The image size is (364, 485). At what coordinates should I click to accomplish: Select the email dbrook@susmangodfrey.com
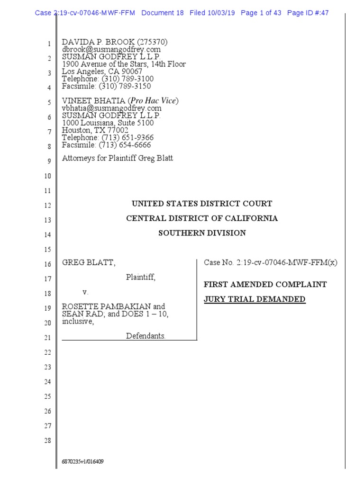[111, 49]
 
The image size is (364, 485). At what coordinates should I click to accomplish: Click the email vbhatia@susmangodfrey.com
[111, 108]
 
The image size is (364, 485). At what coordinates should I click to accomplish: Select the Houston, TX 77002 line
[95, 130]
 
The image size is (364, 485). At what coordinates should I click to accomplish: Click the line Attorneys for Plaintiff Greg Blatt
[118, 158]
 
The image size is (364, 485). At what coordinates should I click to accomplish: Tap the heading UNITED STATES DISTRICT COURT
[202, 204]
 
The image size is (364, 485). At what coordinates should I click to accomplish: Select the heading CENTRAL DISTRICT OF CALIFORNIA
[202, 218]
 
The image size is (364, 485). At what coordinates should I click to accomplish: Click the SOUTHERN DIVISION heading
[202, 233]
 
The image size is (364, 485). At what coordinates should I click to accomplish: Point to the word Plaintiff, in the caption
[141, 278]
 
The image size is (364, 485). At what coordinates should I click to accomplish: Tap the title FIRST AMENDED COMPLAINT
[265, 285]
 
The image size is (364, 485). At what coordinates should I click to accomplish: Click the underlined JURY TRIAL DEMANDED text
[255, 299]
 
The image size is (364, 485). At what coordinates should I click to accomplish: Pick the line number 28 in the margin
[47, 441]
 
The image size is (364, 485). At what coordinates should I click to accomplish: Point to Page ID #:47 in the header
[308, 13]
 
